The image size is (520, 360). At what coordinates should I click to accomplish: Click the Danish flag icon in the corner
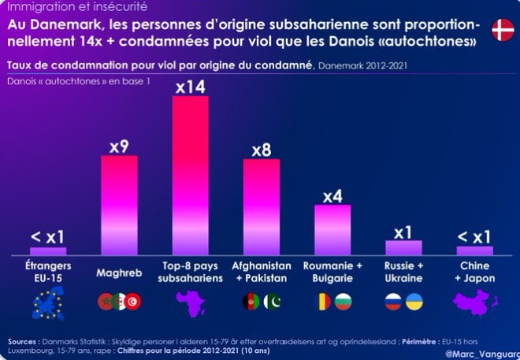[x=502, y=31]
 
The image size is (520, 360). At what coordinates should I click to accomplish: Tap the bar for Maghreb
[x=119, y=205]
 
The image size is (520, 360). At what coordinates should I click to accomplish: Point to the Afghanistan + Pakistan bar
[x=261, y=206]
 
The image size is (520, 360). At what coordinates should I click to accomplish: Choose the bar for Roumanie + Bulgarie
[x=332, y=229]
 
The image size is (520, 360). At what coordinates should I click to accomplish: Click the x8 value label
[x=261, y=150]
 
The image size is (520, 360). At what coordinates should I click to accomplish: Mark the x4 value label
[x=332, y=195]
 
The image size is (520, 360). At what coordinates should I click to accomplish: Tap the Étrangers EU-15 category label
[x=48, y=272]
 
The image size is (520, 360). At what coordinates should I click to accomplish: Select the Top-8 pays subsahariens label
[x=190, y=272]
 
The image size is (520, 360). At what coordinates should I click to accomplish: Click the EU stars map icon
[x=48, y=302]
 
